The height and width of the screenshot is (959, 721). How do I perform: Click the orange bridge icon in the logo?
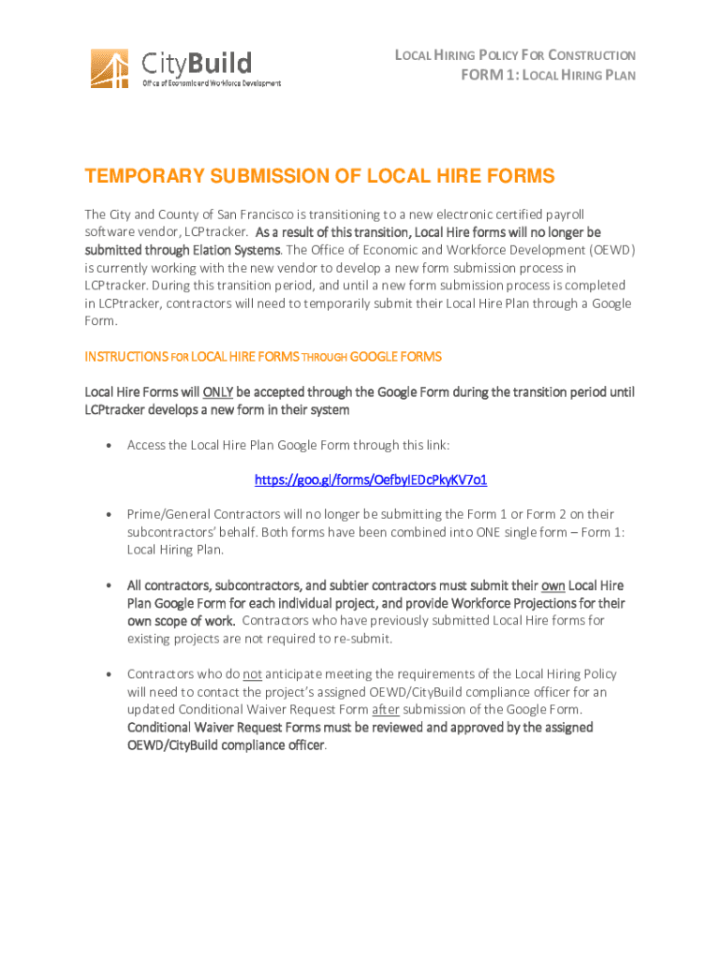[110, 67]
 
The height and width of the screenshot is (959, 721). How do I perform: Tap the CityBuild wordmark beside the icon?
[197, 63]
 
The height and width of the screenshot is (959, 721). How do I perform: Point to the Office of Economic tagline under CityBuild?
[211, 83]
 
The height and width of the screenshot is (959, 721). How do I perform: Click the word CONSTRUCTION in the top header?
[592, 56]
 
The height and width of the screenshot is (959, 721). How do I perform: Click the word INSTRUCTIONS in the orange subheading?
[126, 357]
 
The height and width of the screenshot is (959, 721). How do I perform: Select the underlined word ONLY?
[218, 392]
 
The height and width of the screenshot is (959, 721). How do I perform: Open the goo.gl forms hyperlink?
[371, 479]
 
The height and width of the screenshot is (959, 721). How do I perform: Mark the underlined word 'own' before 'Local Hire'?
[553, 585]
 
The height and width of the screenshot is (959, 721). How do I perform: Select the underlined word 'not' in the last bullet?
[252, 673]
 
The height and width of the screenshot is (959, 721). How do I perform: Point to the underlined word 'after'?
[386, 709]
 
